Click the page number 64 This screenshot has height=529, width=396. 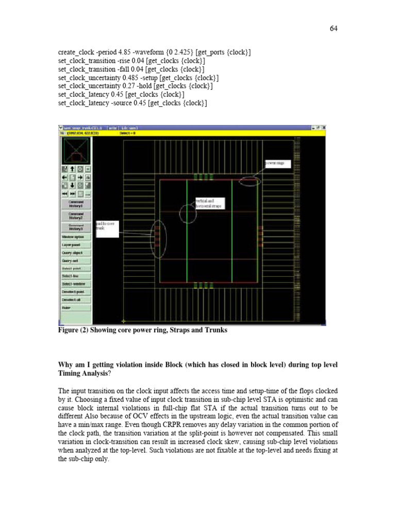[x=333, y=28]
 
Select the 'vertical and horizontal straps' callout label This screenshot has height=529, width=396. [x=209, y=204]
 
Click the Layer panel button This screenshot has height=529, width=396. [x=76, y=245]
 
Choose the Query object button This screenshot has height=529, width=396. [x=76, y=253]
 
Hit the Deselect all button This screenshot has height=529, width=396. [x=76, y=300]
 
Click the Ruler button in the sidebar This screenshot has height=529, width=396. [x=76, y=308]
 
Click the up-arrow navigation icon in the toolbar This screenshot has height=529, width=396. [x=72, y=168]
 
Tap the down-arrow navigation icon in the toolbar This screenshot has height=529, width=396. [x=72, y=185]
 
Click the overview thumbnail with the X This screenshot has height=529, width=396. [x=76, y=150]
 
